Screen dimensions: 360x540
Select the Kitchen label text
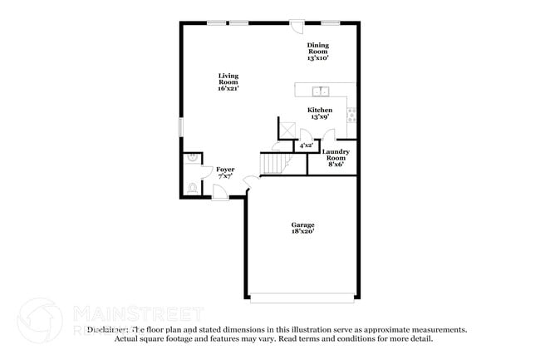coord(320,110)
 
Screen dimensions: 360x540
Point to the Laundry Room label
coord(336,155)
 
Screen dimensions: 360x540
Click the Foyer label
coord(225,170)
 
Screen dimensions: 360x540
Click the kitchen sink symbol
coord(322,91)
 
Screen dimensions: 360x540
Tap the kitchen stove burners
coord(352,115)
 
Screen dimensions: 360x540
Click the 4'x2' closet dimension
coord(307,145)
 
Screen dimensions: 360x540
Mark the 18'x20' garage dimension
coord(302,233)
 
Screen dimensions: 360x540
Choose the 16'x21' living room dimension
coord(228,88)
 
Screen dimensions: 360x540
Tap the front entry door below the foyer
coord(221,193)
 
